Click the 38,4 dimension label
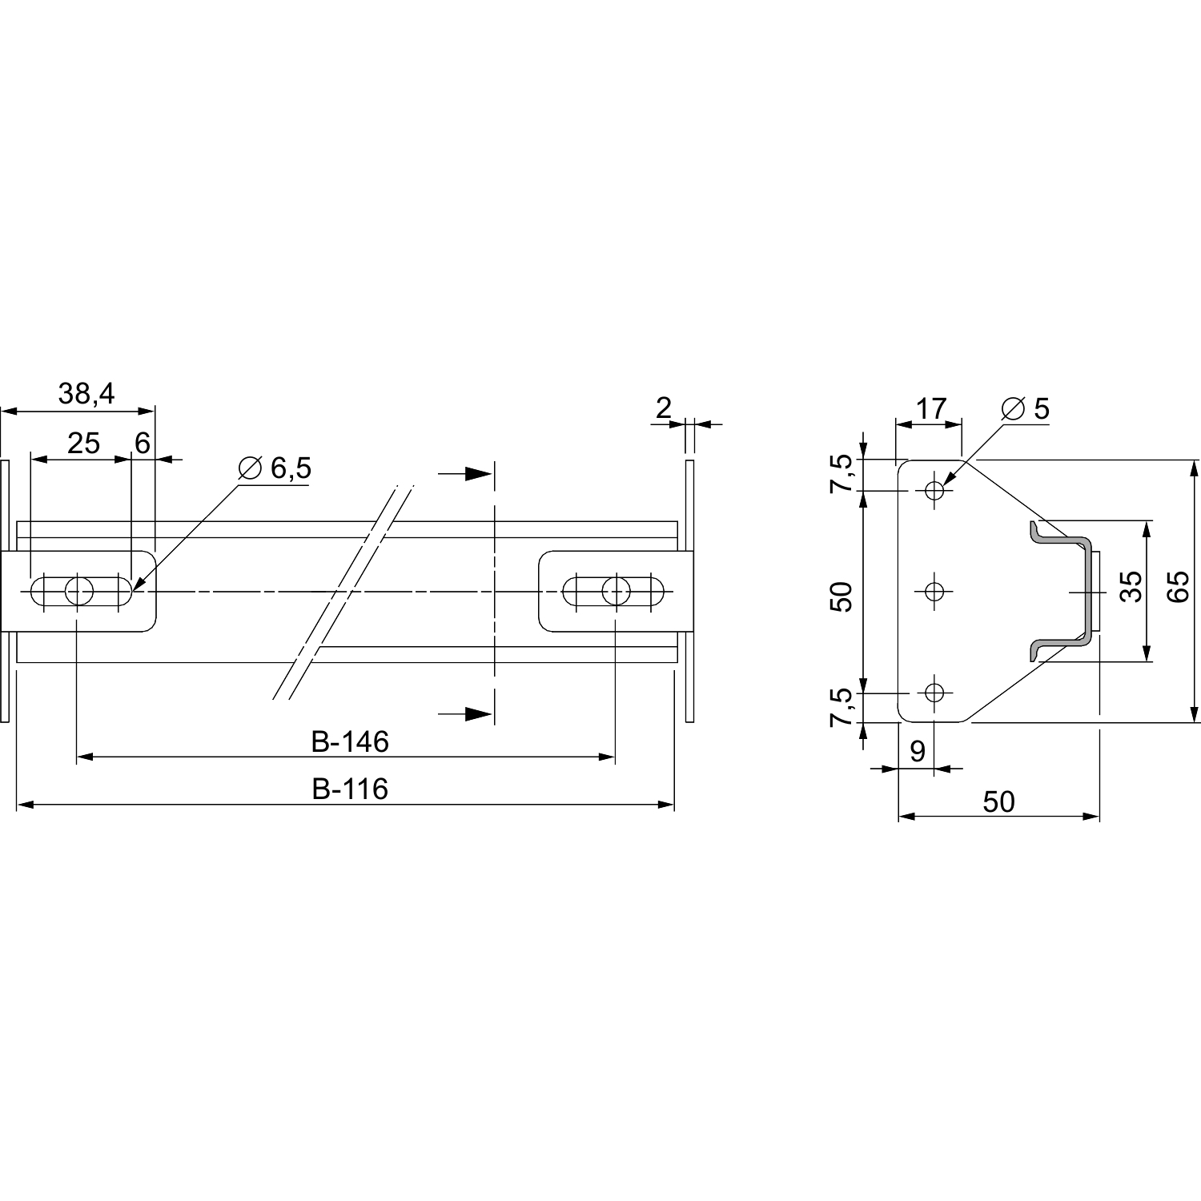[x=86, y=394]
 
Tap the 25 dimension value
[x=83, y=443]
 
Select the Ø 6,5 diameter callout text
[x=275, y=468]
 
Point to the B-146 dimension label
[x=350, y=742]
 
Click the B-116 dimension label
[x=350, y=789]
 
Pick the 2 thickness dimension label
[x=663, y=408]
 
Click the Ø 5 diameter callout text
[x=1025, y=408]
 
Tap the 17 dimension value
[x=931, y=408]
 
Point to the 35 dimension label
[x=1131, y=587]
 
